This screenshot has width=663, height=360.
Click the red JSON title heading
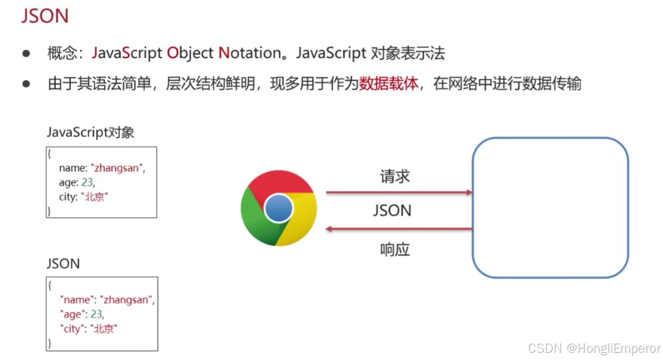click(x=45, y=16)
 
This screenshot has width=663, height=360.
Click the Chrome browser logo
click(x=279, y=208)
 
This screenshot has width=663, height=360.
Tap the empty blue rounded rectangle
click(x=550, y=208)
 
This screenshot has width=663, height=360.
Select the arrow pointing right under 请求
click(x=399, y=192)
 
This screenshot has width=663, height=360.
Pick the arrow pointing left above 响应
click(x=399, y=229)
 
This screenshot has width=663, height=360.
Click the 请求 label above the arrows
click(x=395, y=176)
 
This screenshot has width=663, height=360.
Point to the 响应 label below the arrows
click(x=395, y=249)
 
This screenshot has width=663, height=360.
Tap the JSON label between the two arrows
click(x=392, y=211)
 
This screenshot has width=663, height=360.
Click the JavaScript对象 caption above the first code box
click(x=90, y=132)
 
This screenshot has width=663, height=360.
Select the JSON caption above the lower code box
click(x=62, y=263)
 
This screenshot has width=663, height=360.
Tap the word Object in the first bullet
click(x=190, y=53)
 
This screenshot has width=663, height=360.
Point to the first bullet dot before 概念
click(x=26, y=54)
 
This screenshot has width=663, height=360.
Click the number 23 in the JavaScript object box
click(x=87, y=183)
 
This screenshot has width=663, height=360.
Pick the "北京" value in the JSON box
click(x=104, y=328)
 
